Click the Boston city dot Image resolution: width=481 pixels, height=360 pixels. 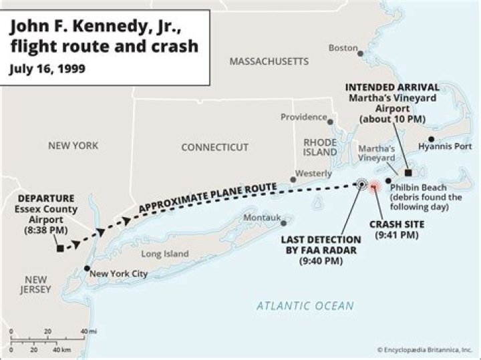(x=361, y=52)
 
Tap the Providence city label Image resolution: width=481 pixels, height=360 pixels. (x=303, y=117)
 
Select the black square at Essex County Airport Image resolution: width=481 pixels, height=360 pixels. (x=60, y=248)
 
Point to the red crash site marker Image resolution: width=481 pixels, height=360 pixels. (x=374, y=186)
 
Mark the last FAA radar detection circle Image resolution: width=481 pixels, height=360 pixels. (x=361, y=184)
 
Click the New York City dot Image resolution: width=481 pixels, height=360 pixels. (x=87, y=268)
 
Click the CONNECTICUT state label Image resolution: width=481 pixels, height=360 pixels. (x=214, y=147)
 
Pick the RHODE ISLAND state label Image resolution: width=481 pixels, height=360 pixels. (x=320, y=147)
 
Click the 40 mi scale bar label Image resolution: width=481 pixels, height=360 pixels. (x=88, y=332)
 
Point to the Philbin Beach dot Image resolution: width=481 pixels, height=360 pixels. (x=388, y=181)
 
